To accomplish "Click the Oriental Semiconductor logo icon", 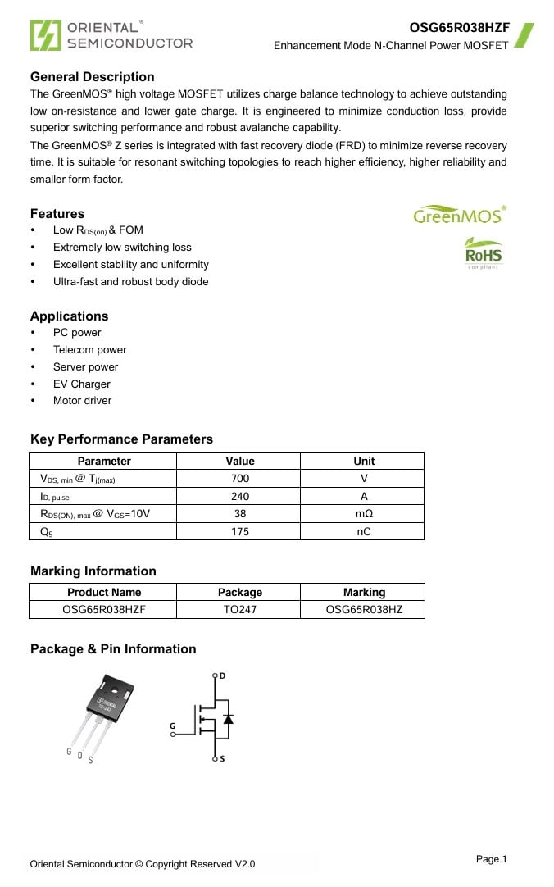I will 45,35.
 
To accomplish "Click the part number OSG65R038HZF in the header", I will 459,27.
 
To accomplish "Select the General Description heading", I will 92,77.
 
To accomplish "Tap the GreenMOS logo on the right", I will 459,216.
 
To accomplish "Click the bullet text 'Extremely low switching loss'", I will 122,248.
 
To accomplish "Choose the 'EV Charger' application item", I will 81,384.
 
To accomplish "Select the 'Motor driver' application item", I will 82,401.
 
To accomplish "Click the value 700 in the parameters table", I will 239,479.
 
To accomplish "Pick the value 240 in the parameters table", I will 239,496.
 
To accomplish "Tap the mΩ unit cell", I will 363,514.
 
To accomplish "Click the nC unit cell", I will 363,531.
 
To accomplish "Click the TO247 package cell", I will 239,610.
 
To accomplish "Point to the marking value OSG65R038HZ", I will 363,610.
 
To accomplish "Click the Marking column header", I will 363,593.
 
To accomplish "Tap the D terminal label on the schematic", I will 222,675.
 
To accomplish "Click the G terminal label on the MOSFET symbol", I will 172,726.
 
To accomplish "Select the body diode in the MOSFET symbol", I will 228,719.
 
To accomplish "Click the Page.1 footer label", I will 491,859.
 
